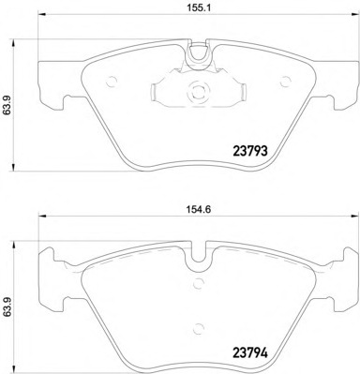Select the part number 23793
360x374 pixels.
tap(250, 151)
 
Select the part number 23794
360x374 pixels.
tap(250, 353)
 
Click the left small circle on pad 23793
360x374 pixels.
tap(112, 82)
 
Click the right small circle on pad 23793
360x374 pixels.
tap(285, 82)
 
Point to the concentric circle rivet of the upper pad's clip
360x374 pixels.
tap(198, 92)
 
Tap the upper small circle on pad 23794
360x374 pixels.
tap(198, 284)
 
